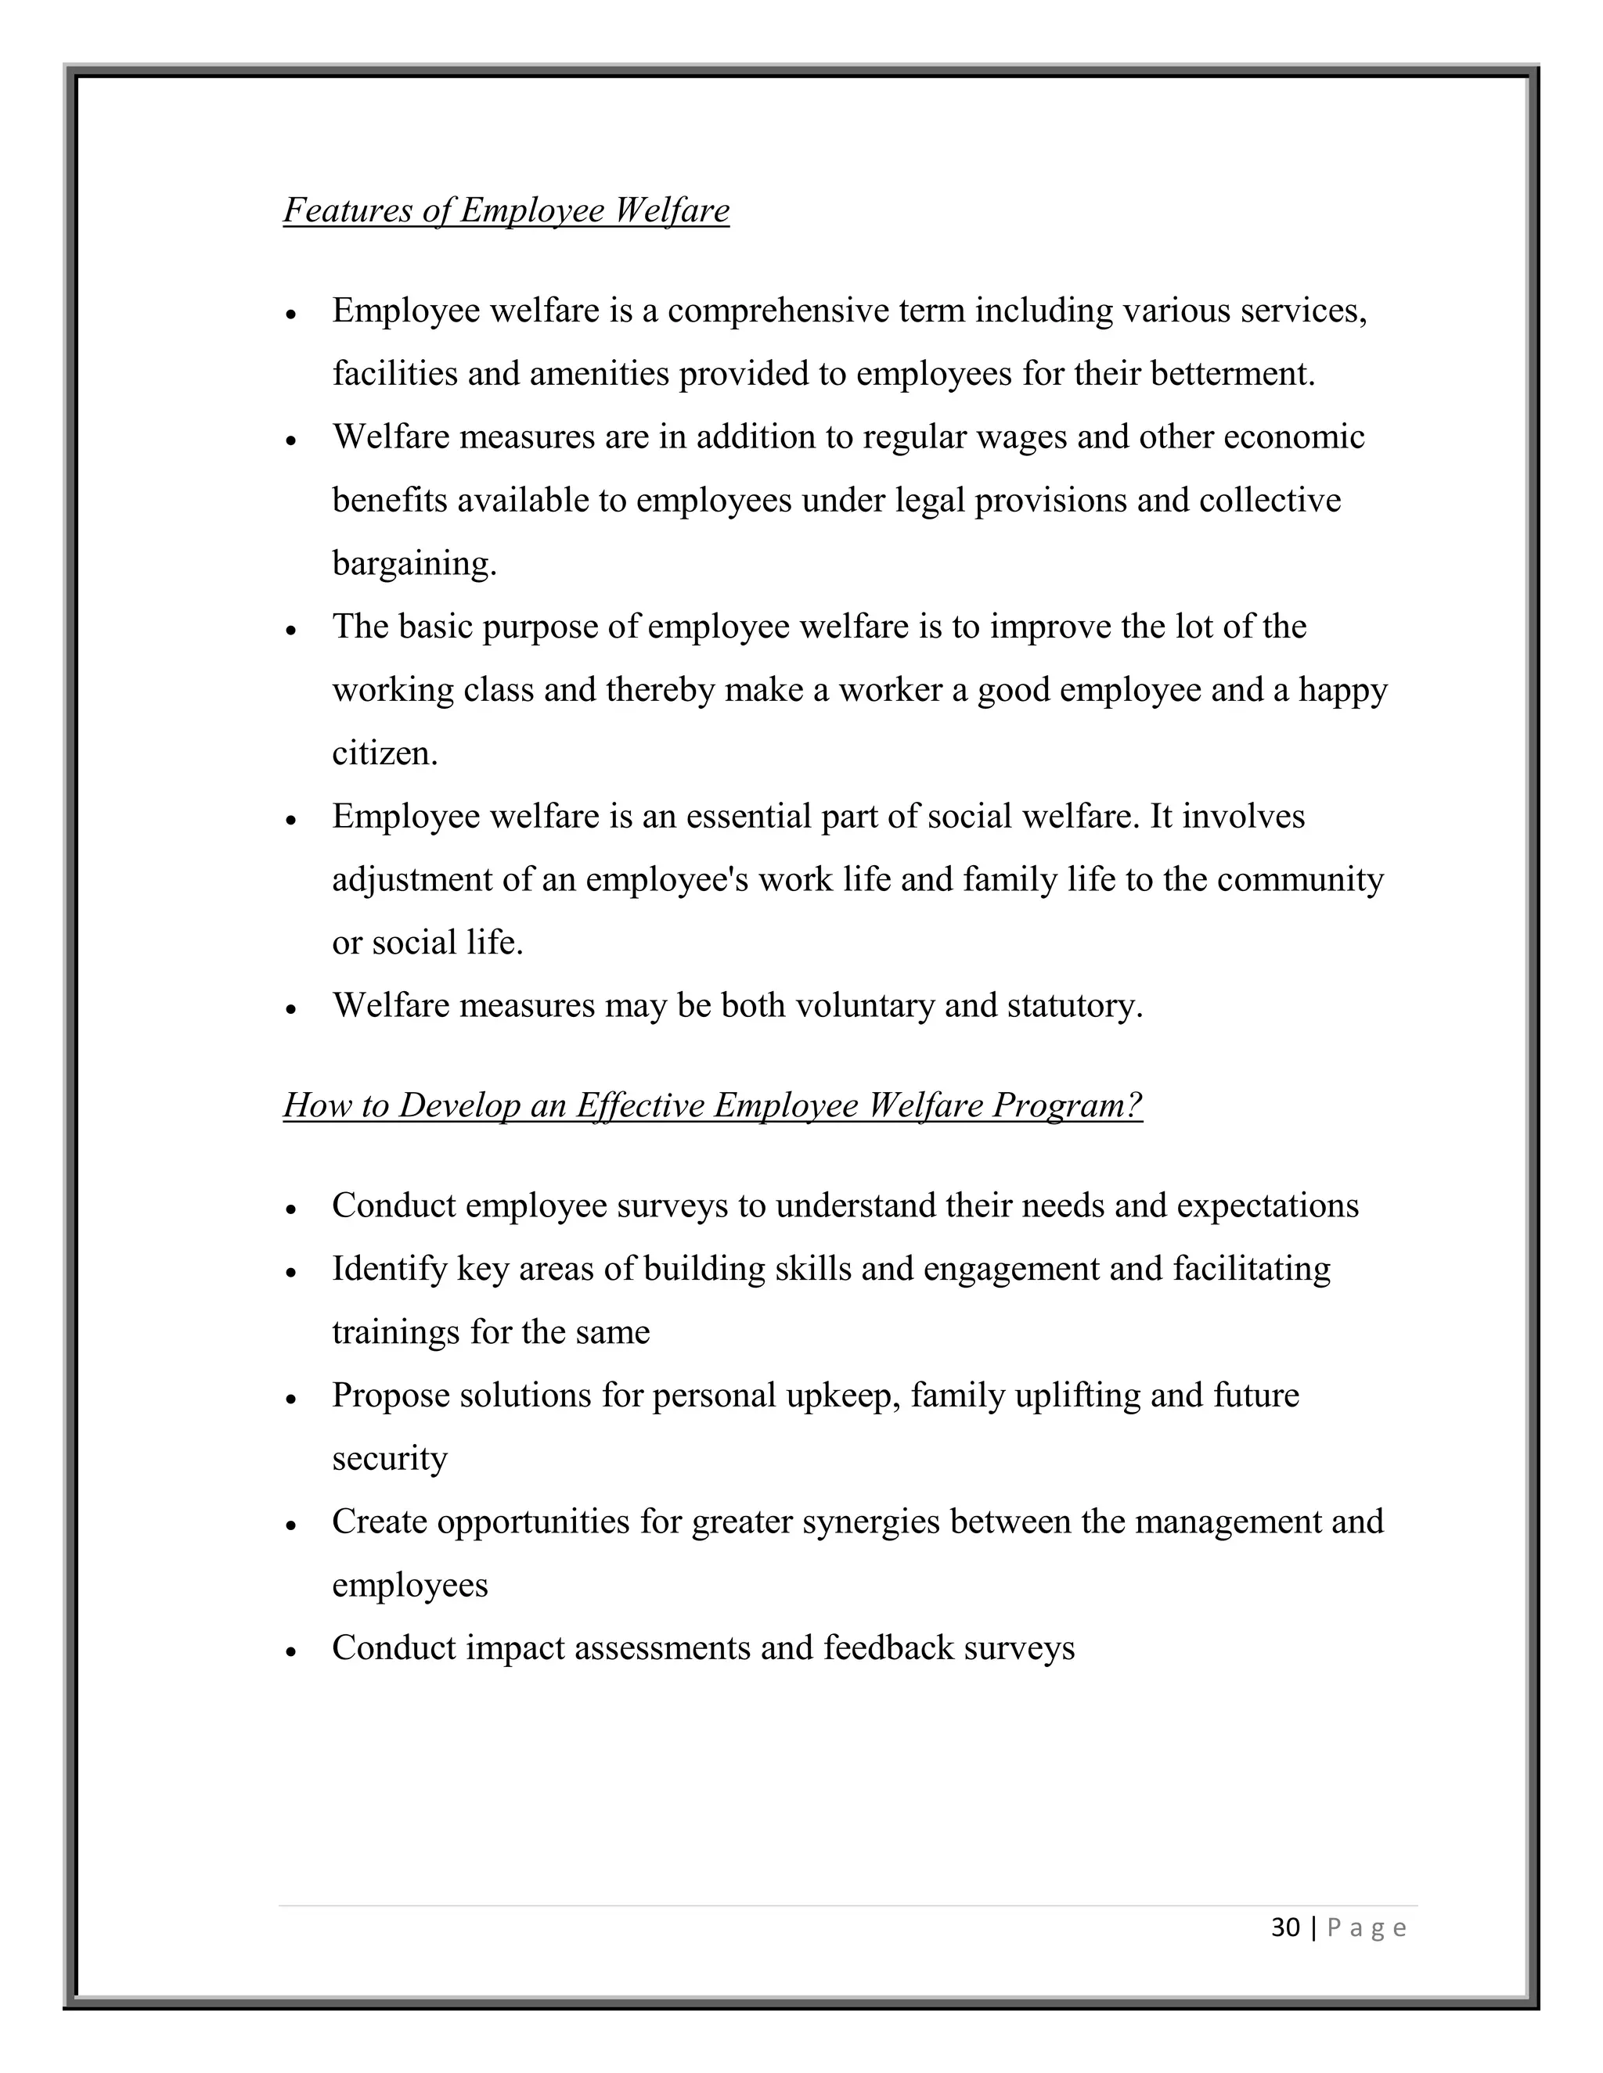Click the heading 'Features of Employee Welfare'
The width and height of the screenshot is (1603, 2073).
tap(506, 210)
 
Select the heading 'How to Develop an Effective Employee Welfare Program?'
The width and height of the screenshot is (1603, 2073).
tap(712, 1105)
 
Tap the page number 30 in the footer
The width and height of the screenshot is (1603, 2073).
tap(1285, 1927)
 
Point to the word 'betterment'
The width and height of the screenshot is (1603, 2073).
tap(1230, 374)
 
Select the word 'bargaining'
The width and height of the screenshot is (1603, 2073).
tap(412, 564)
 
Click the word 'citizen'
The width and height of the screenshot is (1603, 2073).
tap(383, 753)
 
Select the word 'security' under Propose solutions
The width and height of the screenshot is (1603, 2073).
tap(389, 1459)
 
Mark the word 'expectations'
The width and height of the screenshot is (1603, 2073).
tap(1268, 1205)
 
